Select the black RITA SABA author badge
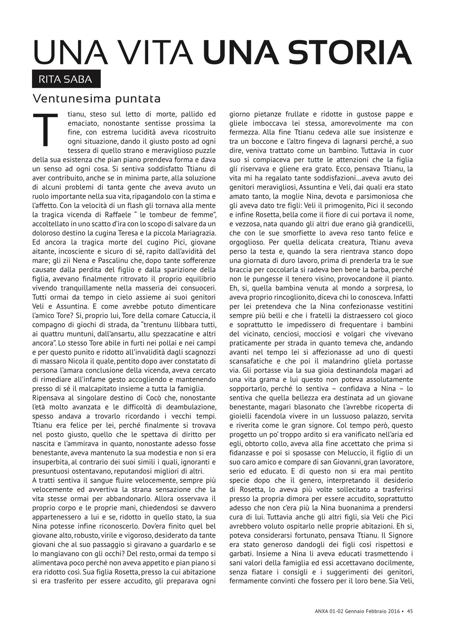click(66, 79)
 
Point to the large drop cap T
click(45, 130)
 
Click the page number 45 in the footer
click(410, 611)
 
